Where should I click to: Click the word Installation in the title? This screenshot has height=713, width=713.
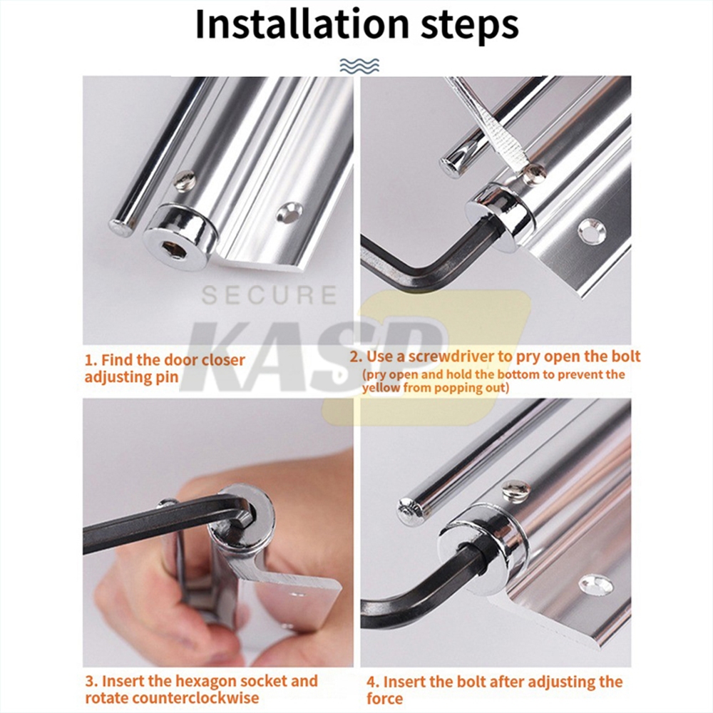(x=302, y=24)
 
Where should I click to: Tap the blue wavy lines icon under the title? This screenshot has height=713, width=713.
(x=359, y=66)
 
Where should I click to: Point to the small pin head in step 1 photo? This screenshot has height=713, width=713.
(x=185, y=180)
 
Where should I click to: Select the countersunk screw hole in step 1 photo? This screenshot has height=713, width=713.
(x=289, y=212)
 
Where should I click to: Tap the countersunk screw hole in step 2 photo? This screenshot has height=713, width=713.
(x=590, y=232)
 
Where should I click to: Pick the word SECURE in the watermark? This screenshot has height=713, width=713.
(x=270, y=295)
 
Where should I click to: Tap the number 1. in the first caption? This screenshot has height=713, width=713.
(x=91, y=360)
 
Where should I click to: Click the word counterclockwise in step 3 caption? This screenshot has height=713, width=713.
(x=172, y=697)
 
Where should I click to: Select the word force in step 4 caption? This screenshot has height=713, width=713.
(x=385, y=699)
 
